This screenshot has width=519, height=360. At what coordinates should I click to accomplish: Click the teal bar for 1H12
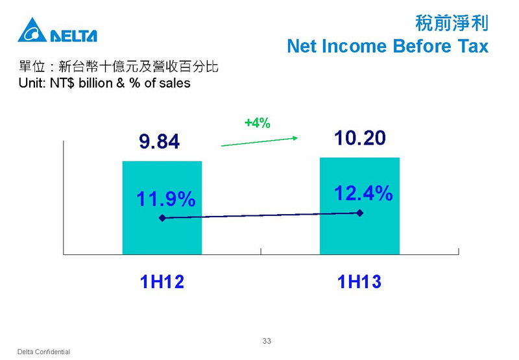162,208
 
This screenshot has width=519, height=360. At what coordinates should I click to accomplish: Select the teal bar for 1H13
360,206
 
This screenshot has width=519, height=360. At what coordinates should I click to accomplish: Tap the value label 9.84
159,141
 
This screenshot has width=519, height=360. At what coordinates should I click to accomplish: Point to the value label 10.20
360,138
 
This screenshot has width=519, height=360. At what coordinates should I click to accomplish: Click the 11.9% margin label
166,199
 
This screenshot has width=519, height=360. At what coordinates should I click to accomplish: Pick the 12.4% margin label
363,193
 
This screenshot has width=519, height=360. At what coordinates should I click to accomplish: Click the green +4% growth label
258,123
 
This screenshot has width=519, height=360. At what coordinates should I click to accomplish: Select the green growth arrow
259,141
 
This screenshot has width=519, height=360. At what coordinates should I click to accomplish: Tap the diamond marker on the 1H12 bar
162,218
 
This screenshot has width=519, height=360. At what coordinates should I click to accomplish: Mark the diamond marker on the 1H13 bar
360,213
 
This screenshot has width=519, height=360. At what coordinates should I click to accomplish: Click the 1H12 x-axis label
162,282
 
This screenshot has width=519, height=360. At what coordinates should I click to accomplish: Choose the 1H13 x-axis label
359,282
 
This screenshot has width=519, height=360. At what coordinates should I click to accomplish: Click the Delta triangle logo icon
32,30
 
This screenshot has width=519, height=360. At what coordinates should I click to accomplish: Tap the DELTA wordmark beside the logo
74,36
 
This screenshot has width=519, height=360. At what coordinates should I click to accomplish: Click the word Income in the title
354,46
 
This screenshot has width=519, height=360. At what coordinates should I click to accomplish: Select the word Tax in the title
474,46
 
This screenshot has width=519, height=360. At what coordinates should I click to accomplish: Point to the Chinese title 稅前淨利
452,23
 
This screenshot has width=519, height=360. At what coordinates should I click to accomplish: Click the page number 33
267,341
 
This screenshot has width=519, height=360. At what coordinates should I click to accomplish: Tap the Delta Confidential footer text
43,352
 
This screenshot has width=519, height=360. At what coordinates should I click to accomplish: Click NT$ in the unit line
62,83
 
